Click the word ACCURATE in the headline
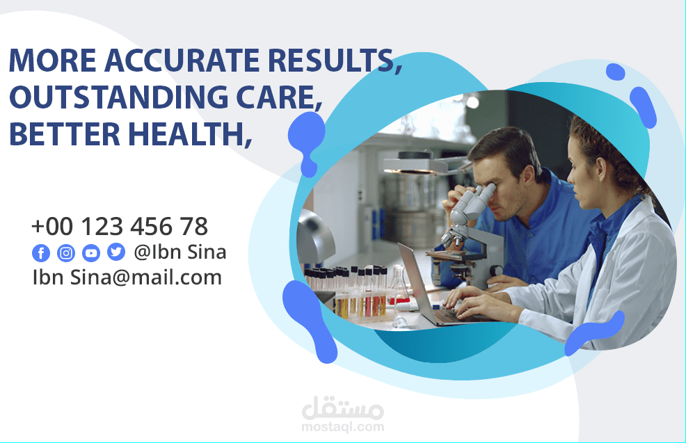[x=182, y=60]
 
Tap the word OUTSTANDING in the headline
[x=118, y=97]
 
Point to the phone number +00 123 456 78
[x=120, y=227]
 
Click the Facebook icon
[x=41, y=252]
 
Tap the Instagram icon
[x=66, y=252]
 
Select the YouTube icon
[x=91, y=252]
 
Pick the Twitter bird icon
[x=116, y=252]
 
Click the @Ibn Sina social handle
[x=180, y=252]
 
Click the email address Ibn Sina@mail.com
[x=127, y=277]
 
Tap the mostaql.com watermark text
[x=343, y=427]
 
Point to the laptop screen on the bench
[x=415, y=283]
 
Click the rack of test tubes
[x=346, y=291]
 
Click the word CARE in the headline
[x=276, y=97]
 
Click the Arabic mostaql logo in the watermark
[x=343, y=408]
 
